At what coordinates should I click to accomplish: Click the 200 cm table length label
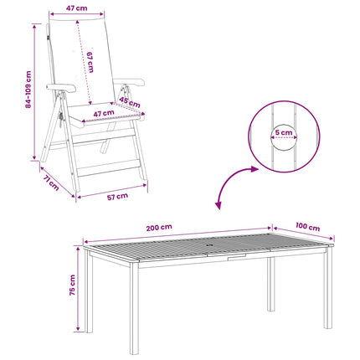[x=159, y=228]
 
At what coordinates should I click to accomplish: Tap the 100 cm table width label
[x=307, y=227]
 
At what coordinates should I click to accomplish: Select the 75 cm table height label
[x=72, y=285]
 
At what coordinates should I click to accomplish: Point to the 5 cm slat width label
[x=284, y=132]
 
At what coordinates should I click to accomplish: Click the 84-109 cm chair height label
[x=28, y=90]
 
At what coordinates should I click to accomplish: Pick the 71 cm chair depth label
[x=51, y=183]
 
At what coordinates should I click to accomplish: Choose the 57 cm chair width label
[x=117, y=197]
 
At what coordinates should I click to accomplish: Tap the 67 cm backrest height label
[x=90, y=62]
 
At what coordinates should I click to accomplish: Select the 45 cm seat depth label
[x=130, y=102]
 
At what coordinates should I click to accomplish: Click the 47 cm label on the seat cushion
[x=104, y=114]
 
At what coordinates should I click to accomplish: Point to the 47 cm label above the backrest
[x=76, y=8]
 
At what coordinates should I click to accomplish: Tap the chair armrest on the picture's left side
[x=61, y=87]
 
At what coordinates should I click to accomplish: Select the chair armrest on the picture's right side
[x=129, y=82]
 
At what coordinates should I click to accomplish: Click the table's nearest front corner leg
[x=134, y=307]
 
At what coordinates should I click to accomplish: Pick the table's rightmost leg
[x=328, y=287]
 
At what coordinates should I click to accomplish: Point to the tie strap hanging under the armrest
[x=60, y=118]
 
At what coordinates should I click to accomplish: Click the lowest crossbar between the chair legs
[x=109, y=168]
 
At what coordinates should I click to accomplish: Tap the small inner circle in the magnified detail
[x=284, y=136]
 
